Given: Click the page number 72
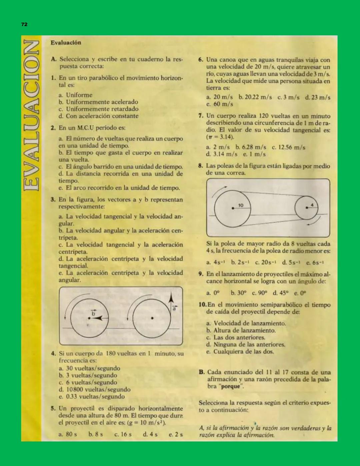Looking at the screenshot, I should pos(24,24).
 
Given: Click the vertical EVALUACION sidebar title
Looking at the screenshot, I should pos(31,115).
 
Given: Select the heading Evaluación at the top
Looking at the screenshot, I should pos(66,43).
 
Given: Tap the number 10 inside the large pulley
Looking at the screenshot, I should pos(241,205).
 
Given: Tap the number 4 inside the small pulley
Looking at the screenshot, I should pos(312,204).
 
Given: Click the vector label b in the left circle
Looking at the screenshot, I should pos(93,313).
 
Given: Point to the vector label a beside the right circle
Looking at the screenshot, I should pos(174,309).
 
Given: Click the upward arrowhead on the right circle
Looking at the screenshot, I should pos(171,297).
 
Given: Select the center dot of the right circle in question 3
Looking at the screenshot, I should pos(152,318).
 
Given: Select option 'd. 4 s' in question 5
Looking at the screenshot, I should pos(150,434).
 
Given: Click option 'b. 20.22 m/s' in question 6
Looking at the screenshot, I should pos(255,97).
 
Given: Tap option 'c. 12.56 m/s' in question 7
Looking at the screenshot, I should pos(288,147).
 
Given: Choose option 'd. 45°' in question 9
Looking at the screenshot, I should pos(280,293).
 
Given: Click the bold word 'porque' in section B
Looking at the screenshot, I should pos(231,386).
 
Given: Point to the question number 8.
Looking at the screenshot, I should pos(200,166).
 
